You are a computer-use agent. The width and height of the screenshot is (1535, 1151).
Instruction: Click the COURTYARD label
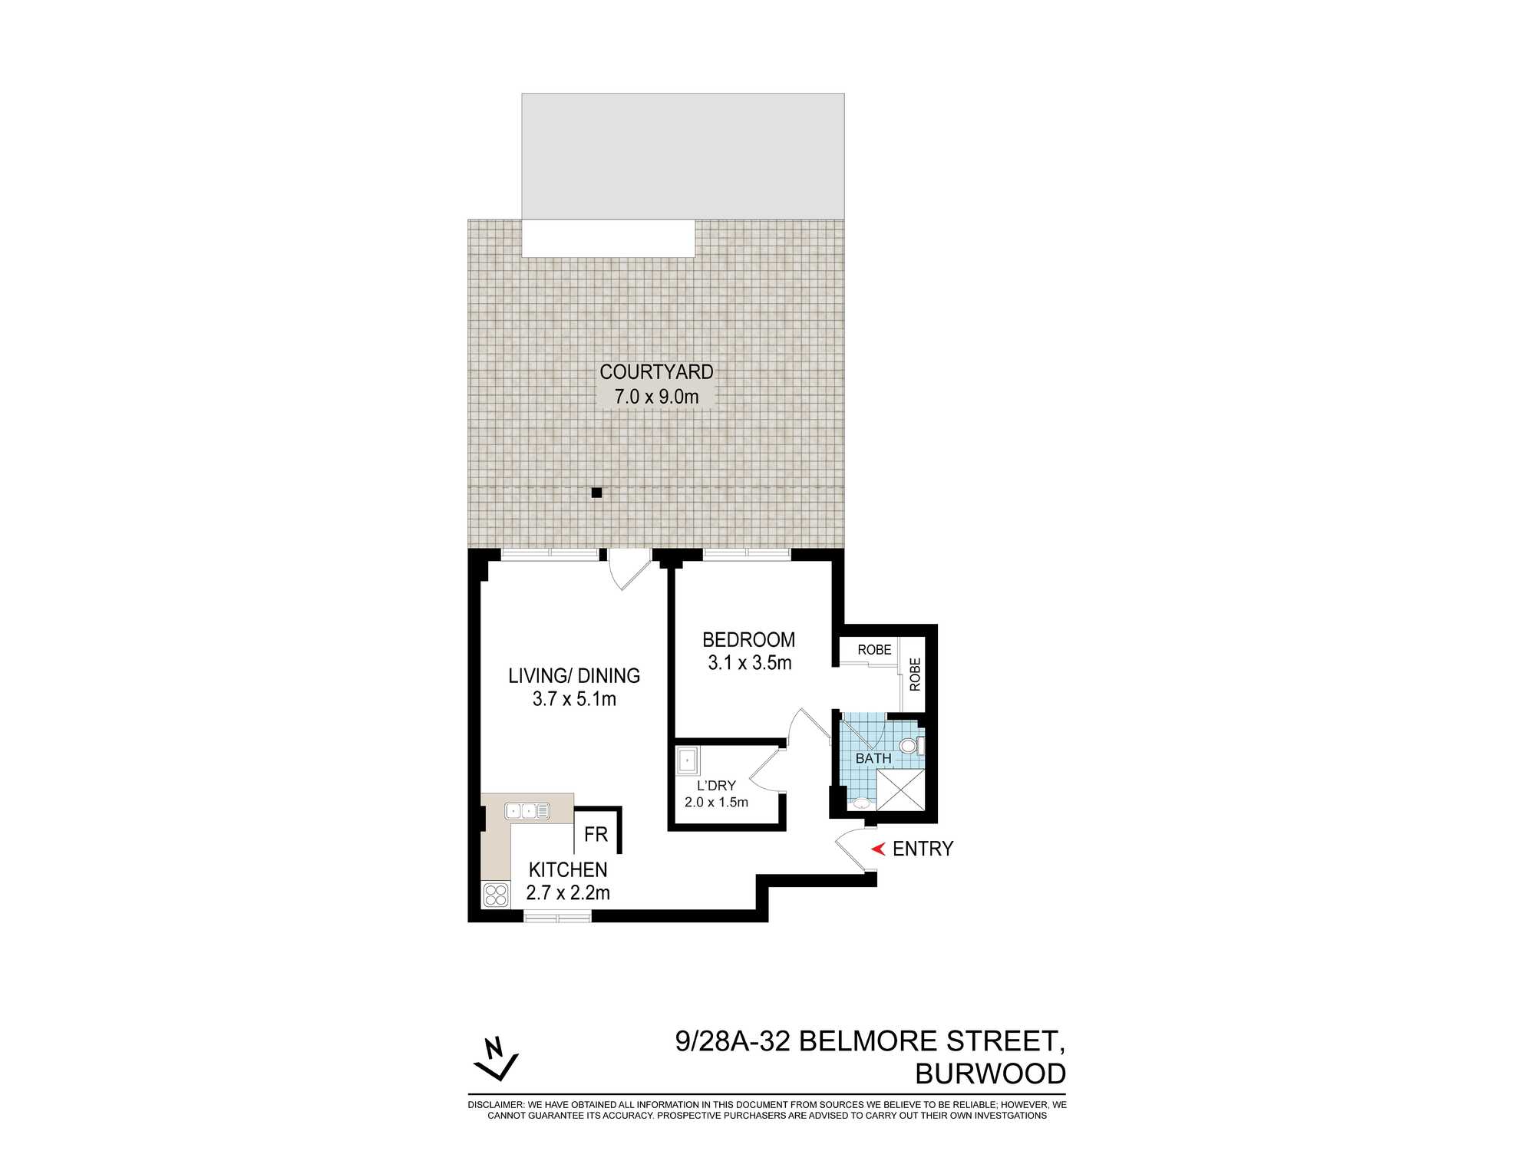(x=656, y=372)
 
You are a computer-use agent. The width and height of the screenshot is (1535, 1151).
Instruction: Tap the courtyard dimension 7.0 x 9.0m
(x=656, y=397)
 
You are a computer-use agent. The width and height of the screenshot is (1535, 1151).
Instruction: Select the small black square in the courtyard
(x=596, y=493)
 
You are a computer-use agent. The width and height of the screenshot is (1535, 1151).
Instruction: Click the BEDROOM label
(x=748, y=640)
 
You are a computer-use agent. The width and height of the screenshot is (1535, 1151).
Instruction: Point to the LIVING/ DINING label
(x=574, y=676)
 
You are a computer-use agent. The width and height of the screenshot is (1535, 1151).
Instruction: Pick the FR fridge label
(x=596, y=834)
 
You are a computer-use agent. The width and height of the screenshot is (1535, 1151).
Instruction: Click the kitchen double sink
(x=527, y=811)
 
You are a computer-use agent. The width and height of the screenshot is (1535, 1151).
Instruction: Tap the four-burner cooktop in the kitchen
(x=496, y=895)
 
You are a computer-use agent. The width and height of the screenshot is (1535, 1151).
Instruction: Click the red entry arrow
(x=879, y=849)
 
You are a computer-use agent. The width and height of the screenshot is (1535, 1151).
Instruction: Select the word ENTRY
(x=923, y=849)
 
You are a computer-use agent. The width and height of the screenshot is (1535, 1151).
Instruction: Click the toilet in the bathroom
(x=910, y=745)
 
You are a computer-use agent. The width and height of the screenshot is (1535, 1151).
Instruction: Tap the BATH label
(x=873, y=758)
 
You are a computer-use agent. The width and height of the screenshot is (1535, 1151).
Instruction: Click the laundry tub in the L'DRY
(x=688, y=761)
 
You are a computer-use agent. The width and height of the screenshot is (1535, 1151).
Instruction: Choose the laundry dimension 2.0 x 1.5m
(x=716, y=803)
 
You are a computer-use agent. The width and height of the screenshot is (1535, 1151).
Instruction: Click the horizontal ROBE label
(x=874, y=650)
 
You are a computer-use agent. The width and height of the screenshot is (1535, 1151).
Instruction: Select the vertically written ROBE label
(x=915, y=674)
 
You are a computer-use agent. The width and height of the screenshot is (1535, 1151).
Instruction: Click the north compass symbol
(x=496, y=1058)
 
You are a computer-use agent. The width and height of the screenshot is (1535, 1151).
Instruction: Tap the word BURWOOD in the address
(x=990, y=1074)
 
